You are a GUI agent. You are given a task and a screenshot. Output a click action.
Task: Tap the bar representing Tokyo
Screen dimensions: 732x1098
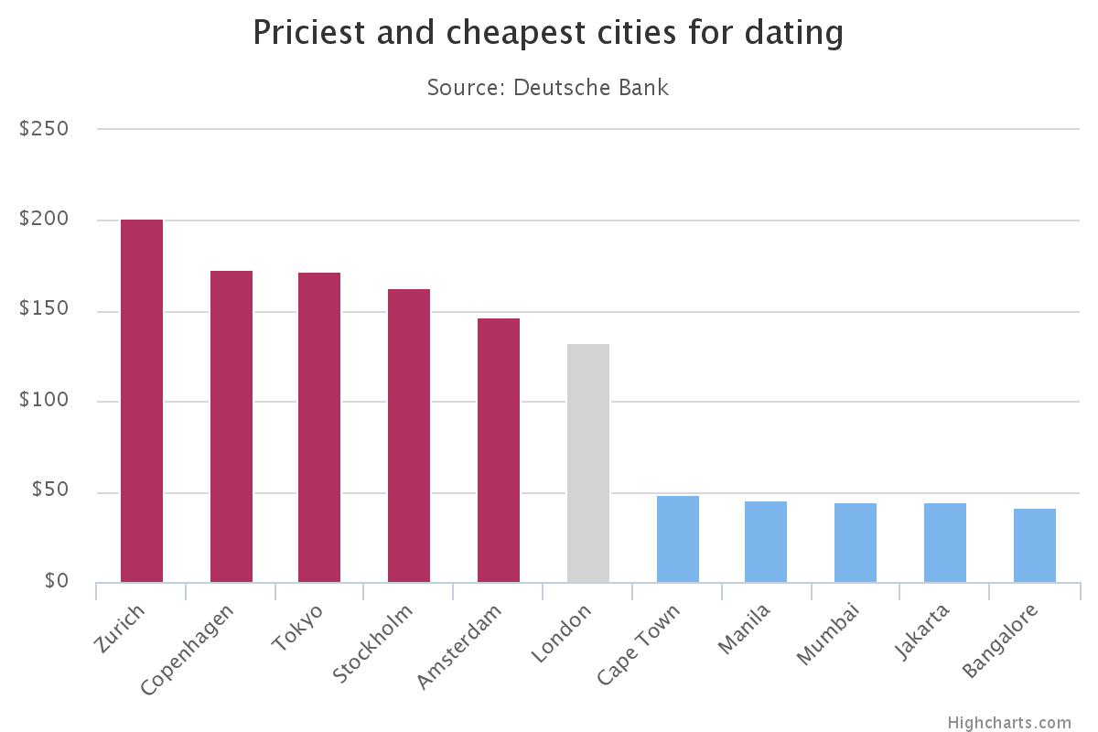(319, 427)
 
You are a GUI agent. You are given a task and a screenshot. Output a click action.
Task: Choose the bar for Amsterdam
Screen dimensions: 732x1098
(499, 450)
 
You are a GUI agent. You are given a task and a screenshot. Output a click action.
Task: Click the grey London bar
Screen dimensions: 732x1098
(588, 463)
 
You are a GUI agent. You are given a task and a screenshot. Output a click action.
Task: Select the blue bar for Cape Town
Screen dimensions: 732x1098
(678, 539)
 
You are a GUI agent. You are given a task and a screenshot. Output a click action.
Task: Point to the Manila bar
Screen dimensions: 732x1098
(766, 542)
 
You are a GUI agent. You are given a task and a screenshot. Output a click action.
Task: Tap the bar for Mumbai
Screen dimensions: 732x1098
(856, 543)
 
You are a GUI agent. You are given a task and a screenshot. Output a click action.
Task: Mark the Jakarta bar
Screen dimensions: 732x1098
(945, 543)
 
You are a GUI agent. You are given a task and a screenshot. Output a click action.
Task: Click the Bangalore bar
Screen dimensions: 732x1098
(1035, 545)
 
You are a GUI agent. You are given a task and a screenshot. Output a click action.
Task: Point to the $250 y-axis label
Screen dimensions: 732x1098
(44, 129)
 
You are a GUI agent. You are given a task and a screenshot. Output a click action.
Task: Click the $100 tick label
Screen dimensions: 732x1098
(44, 402)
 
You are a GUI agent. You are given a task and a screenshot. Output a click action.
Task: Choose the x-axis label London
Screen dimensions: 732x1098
(560, 633)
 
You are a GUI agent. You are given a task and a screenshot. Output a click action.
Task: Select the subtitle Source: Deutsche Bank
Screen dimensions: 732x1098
(548, 88)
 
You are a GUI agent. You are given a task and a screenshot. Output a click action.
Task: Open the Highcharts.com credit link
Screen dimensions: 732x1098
(1008, 722)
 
